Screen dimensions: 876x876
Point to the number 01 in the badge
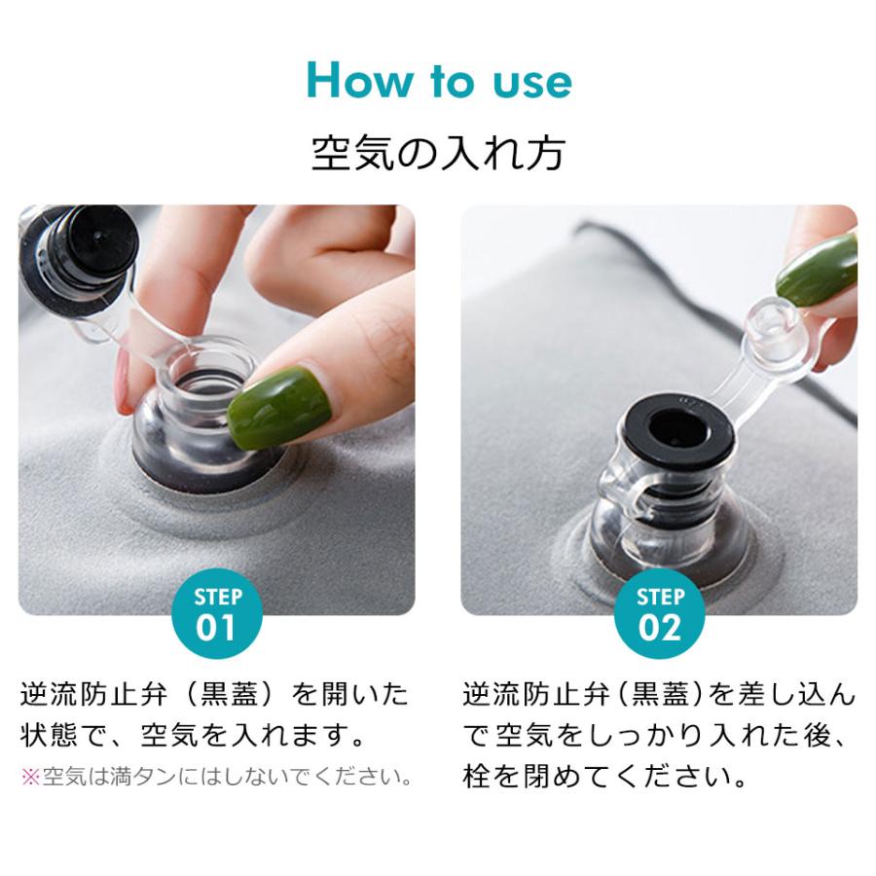pos(217,628)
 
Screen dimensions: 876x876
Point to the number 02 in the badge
pos(658,628)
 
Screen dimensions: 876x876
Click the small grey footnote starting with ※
pos(214,778)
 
